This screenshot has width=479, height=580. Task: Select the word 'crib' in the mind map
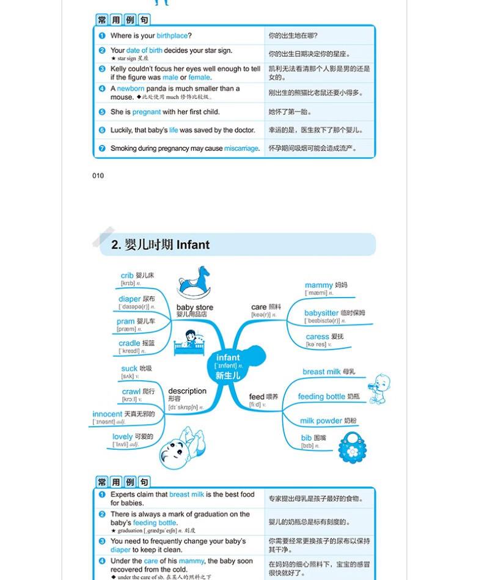127,276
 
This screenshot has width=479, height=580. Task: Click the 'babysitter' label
321,313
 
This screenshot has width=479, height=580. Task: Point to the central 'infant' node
229,358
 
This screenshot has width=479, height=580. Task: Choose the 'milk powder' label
321,420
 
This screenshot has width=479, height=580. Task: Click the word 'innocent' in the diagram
108,414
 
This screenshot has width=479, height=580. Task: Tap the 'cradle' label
130,343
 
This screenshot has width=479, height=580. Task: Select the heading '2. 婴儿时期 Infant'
161,245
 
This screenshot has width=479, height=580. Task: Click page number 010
98,176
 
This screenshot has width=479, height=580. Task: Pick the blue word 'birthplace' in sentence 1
172,35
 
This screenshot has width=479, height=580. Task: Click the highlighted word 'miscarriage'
241,149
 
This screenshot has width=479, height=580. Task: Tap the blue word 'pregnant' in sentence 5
147,112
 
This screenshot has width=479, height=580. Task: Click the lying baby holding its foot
181,449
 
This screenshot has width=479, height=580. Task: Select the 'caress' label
318,337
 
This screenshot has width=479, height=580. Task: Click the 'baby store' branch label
195,307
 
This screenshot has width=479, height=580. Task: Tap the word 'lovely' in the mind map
123,436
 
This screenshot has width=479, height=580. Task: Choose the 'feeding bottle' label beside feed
321,397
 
